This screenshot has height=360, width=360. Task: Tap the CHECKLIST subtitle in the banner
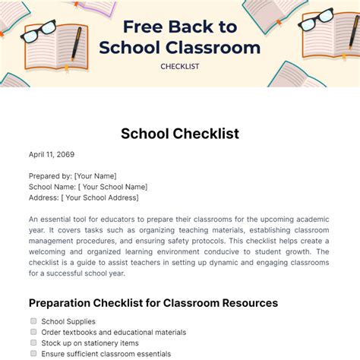point(179,66)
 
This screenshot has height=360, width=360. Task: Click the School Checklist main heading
point(180,134)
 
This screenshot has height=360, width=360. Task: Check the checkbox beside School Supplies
point(33,321)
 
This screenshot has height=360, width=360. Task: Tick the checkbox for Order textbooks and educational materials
point(33,332)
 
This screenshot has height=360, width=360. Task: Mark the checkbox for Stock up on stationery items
point(33,343)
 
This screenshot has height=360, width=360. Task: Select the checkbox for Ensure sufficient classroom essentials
point(33,353)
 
